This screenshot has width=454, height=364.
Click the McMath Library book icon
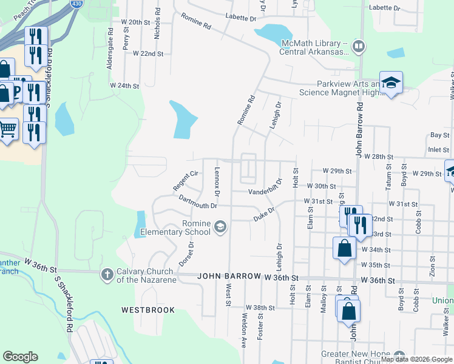[x=359, y=46]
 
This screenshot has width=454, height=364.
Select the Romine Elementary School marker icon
[x=220, y=227]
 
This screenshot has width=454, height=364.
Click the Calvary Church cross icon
[x=107, y=275]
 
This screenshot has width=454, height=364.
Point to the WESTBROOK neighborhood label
[x=148, y=310]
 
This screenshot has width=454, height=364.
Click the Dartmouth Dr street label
[x=197, y=201]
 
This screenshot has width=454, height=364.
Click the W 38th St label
[x=260, y=308]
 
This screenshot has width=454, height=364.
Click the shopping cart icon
[x=7, y=129]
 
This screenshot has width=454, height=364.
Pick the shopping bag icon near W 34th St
[x=344, y=248]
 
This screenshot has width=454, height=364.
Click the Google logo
[x=19, y=357]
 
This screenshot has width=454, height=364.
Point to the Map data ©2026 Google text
[x=416, y=359]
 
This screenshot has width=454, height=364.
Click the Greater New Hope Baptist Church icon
[x=399, y=356]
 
